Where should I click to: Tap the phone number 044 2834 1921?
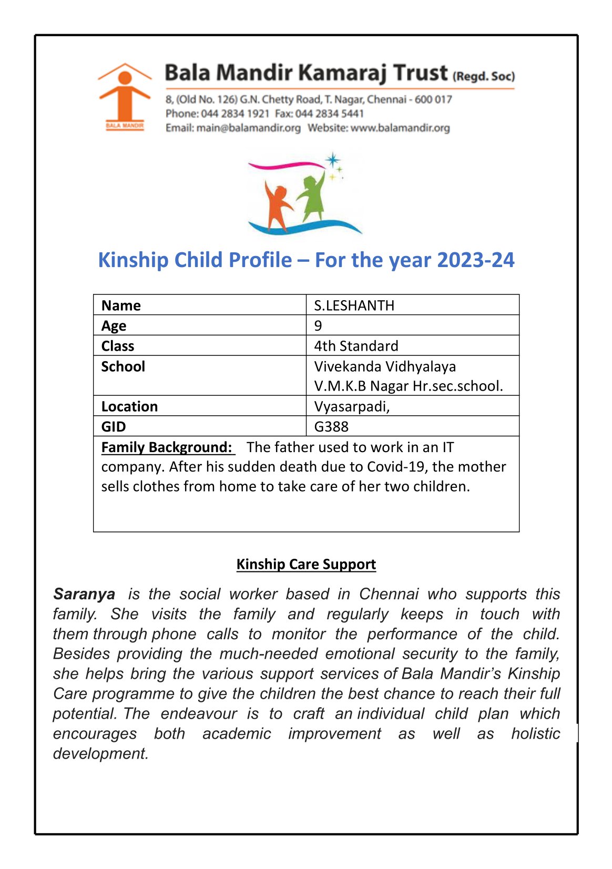pyautogui.click(x=235, y=114)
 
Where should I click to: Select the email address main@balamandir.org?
pyautogui.click(x=248, y=128)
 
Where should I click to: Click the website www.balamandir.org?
pyautogui.click(x=400, y=128)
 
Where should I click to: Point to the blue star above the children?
pyautogui.click(x=332, y=159)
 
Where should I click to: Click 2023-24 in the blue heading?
pyautogui.click(x=475, y=260)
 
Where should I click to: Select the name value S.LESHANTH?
pyautogui.click(x=354, y=305)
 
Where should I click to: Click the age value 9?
pyautogui.click(x=318, y=325)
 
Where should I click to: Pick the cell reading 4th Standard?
pyautogui.click(x=356, y=346)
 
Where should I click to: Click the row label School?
pyautogui.click(x=123, y=366)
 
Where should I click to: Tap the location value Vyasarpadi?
pyautogui.click(x=351, y=406)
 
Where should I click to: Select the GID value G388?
pyautogui.click(x=331, y=426)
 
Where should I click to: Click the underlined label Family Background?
pyautogui.click(x=167, y=447)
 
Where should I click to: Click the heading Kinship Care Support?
pyautogui.click(x=306, y=564)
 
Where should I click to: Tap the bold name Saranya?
pyautogui.click(x=84, y=594)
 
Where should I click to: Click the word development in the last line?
pyautogui.click(x=100, y=753)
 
